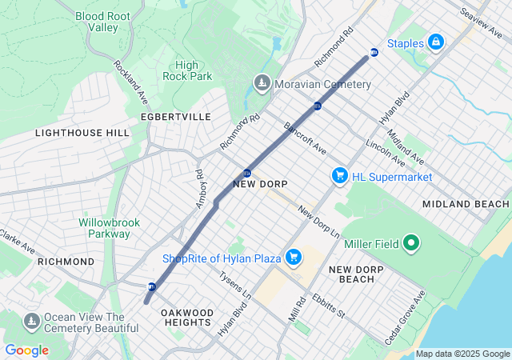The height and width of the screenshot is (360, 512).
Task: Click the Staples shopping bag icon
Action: (435, 42)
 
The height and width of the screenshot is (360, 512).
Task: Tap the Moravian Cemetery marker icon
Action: (262, 83)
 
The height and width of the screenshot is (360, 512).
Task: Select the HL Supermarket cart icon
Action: (339, 175)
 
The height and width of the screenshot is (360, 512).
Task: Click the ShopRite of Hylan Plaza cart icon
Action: (294, 257)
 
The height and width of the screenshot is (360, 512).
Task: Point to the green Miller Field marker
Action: (411, 242)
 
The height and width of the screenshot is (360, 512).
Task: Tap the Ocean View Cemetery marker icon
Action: (31, 322)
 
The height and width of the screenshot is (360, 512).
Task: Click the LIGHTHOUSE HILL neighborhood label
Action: (82, 132)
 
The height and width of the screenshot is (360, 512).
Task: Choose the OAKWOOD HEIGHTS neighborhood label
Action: (186, 317)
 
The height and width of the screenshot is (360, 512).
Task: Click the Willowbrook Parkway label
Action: (104, 228)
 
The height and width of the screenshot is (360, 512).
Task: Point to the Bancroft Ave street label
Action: (305, 138)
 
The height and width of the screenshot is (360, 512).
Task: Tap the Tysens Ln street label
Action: (235, 285)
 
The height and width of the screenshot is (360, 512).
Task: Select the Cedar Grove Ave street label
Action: (405, 318)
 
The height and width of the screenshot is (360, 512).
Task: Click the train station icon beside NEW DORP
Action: (247, 173)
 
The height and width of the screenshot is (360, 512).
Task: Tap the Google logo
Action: (26, 350)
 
